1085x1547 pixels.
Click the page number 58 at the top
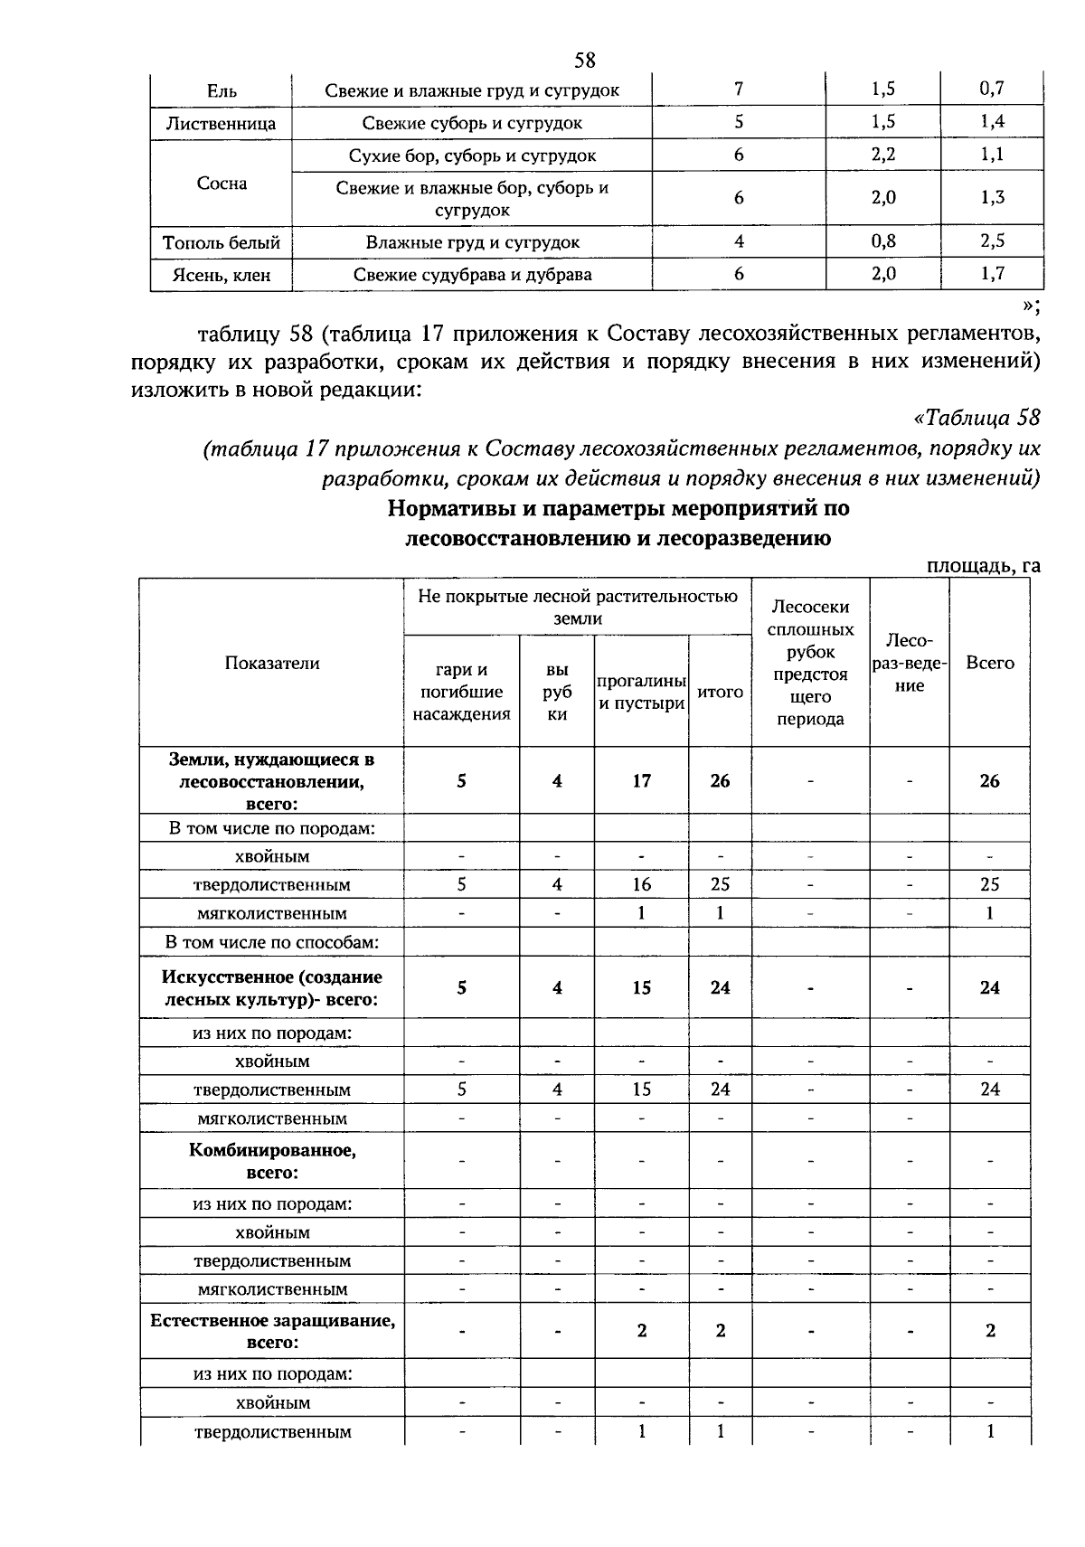click(x=585, y=61)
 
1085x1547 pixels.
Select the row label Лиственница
click(x=221, y=123)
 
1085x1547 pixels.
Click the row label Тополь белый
click(x=221, y=242)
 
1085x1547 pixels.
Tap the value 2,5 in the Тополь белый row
click(x=992, y=241)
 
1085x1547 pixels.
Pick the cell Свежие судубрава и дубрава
click(x=472, y=274)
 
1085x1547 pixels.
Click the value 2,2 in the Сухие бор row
click(x=882, y=154)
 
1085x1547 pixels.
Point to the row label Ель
click(x=221, y=90)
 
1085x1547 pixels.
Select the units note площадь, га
click(x=984, y=566)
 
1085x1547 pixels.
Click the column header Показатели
click(x=271, y=663)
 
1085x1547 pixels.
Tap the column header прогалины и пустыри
click(x=641, y=692)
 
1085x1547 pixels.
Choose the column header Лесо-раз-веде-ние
click(x=909, y=663)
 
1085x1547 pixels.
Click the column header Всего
click(x=989, y=663)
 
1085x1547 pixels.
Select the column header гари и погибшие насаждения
click(x=461, y=692)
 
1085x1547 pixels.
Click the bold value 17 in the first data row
click(x=641, y=781)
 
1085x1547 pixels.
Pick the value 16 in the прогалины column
click(x=641, y=884)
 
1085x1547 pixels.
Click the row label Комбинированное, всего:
click(x=271, y=1161)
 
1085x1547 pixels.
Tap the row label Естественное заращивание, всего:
click(x=271, y=1331)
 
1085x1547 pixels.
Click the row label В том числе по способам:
click(x=271, y=942)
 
